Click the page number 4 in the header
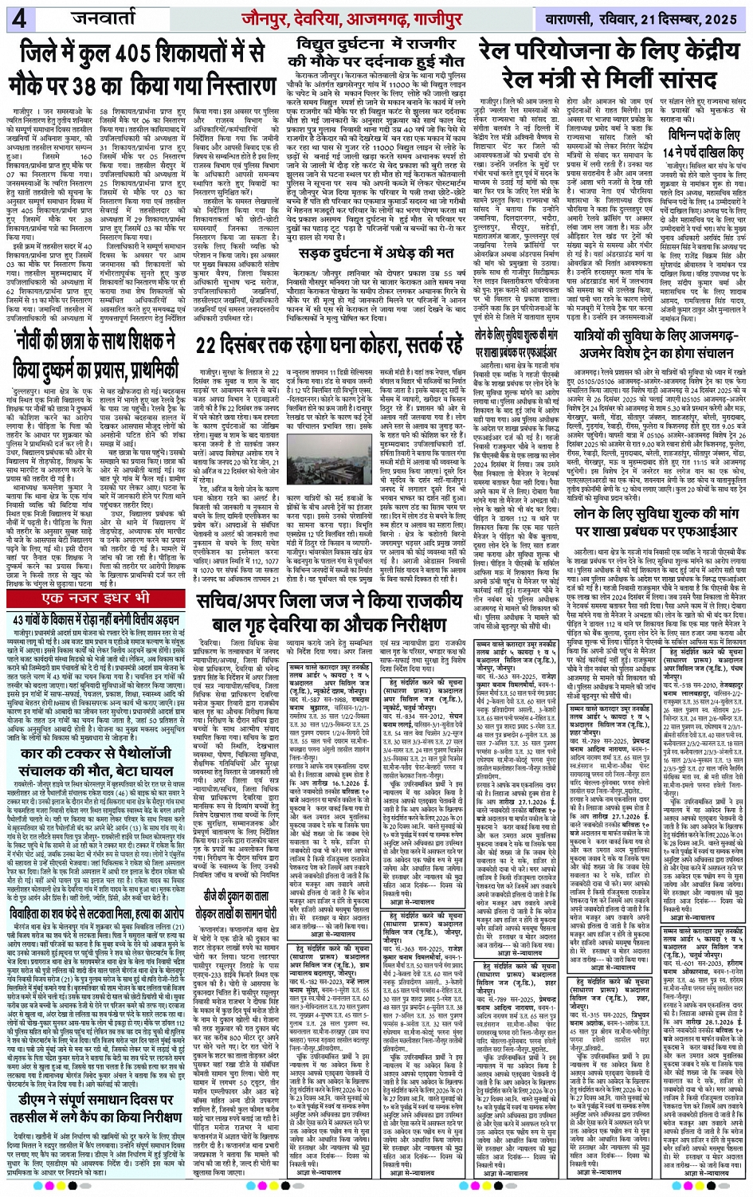18,18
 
